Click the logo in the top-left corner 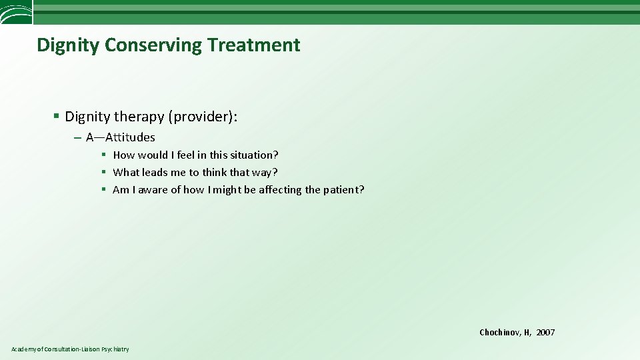(16, 12)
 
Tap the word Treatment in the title (253, 45)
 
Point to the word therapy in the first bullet (139, 117)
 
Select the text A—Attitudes (120, 137)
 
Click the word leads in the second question (155, 172)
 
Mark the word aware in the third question (153, 189)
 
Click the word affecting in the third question (278, 189)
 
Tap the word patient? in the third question (344, 189)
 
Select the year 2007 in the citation (545, 332)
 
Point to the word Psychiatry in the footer (115, 349)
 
